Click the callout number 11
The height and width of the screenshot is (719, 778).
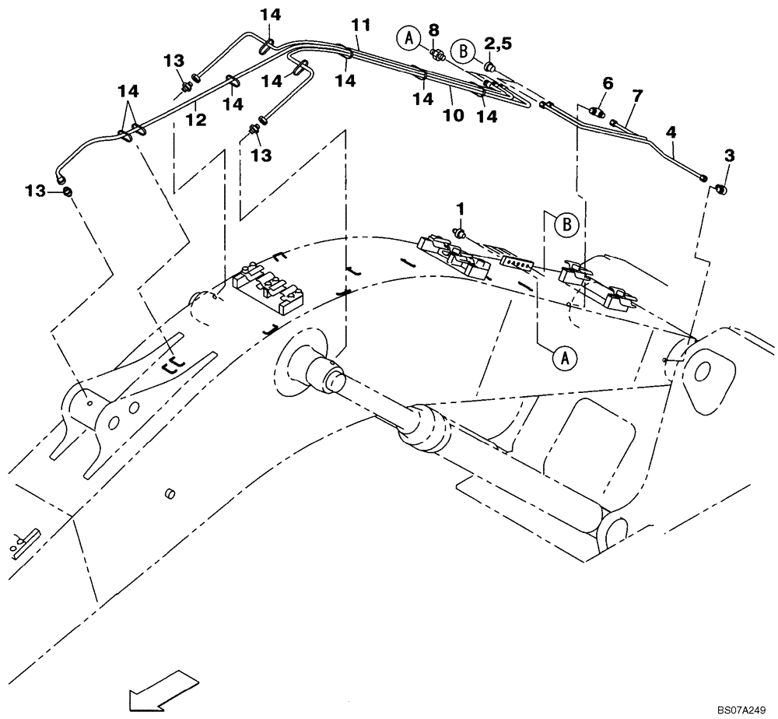pyautogui.click(x=359, y=25)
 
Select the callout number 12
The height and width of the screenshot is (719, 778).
pyautogui.click(x=196, y=120)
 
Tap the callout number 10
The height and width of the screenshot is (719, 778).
pyautogui.click(x=453, y=115)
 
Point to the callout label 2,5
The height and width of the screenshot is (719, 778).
pyautogui.click(x=498, y=44)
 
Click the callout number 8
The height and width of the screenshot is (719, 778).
pyautogui.click(x=434, y=30)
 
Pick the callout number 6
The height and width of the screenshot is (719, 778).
pyautogui.click(x=608, y=82)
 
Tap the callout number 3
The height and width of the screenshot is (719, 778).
pyautogui.click(x=728, y=156)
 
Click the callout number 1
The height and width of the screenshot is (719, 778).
pyautogui.click(x=460, y=209)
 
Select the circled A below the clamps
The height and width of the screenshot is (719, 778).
pyautogui.click(x=565, y=358)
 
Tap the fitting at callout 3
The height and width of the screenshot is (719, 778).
pyautogui.click(x=721, y=189)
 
